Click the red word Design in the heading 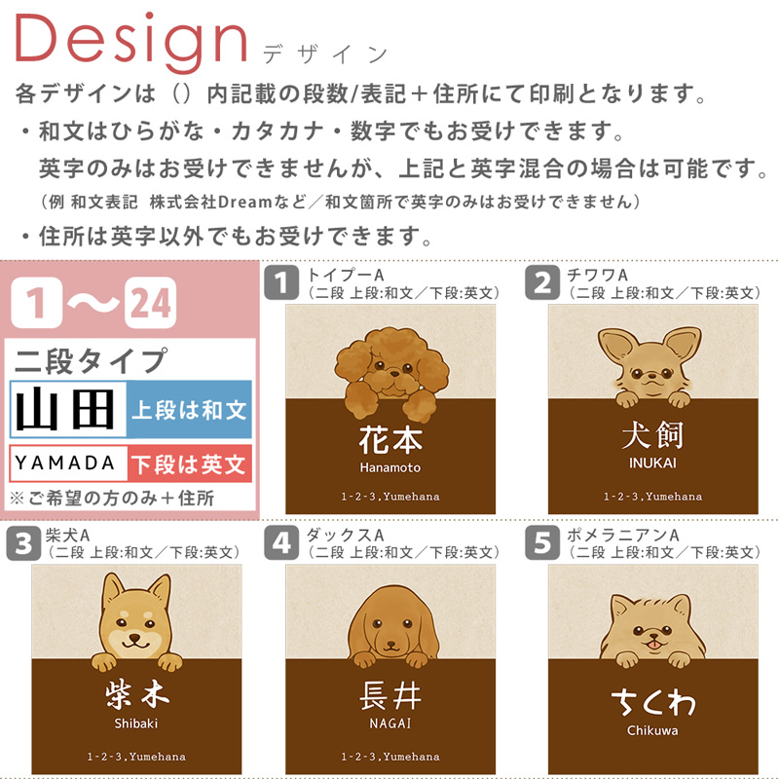[x=131, y=42]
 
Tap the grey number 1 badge [x=281, y=282]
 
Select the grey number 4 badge [x=281, y=542]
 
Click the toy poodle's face [x=392, y=369]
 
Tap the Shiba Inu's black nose [x=134, y=637]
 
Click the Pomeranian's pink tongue [x=655, y=645]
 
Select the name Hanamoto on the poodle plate [x=390, y=467]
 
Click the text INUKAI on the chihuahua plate [x=652, y=464]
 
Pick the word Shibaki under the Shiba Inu [x=135, y=723]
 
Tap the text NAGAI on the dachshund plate [x=390, y=723]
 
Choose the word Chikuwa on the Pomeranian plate [x=652, y=730]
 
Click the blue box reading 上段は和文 [x=189, y=409]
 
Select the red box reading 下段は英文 [x=189, y=464]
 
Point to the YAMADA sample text [x=65, y=464]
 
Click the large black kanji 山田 [x=65, y=409]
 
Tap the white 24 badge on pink [x=151, y=303]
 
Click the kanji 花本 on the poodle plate [x=390, y=439]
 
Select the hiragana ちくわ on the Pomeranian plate [x=652, y=702]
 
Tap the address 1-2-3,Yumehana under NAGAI [x=390, y=757]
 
